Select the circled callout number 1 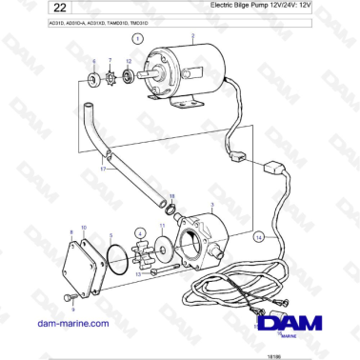tap(137, 40)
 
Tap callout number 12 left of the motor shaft tap(130, 61)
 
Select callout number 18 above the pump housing tap(172, 195)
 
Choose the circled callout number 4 tap(140, 231)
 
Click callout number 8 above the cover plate tap(70, 231)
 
